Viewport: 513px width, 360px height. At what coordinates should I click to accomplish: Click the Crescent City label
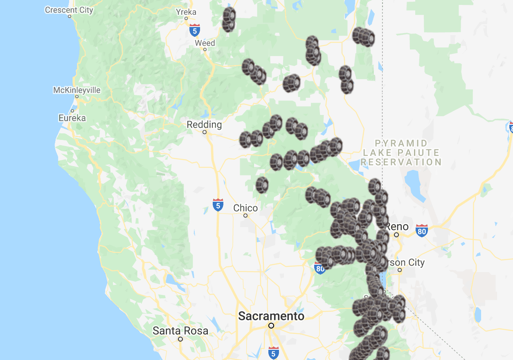coord(69,10)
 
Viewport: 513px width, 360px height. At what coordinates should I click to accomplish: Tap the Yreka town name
coord(186,12)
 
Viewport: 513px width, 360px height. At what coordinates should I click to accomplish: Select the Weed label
coord(205,43)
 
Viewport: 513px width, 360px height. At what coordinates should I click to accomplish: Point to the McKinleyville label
coord(77,90)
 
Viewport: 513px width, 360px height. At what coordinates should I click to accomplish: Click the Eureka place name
coord(72,118)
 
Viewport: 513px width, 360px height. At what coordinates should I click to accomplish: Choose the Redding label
coord(204,125)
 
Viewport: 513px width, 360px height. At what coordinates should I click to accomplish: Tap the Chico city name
coord(245,208)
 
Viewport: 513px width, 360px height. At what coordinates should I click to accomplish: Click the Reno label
coord(397,226)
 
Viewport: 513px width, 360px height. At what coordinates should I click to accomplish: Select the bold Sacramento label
coord(271,316)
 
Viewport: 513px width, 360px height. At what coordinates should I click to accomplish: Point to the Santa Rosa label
coord(180,331)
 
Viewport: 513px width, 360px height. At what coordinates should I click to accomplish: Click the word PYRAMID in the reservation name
coord(396,144)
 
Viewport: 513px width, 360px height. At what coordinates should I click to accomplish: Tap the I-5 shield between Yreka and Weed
coord(195,30)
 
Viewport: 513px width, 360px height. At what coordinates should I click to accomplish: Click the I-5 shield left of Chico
coord(218,205)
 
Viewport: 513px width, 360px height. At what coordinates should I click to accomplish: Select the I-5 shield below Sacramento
coord(274,353)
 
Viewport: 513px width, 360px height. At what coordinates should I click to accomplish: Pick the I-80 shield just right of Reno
coord(422,230)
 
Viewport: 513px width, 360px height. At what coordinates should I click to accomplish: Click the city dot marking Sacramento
coord(271,326)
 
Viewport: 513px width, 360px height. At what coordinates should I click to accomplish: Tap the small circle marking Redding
coord(205,132)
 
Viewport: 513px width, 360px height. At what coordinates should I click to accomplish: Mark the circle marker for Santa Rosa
coord(180,339)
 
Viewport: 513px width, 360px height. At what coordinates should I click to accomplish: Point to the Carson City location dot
coord(400,270)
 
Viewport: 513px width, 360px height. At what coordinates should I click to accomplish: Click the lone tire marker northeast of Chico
coord(262,185)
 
